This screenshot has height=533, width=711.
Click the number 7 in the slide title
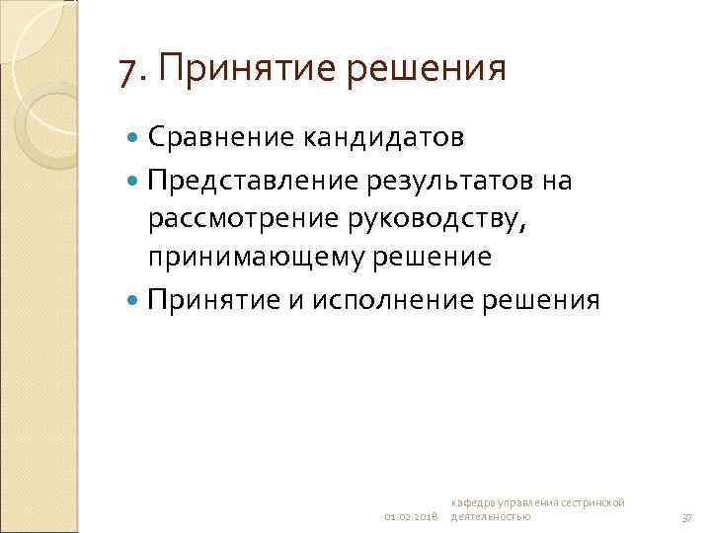[126, 70]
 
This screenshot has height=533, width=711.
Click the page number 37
[687, 517]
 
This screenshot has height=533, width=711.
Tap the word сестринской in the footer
[592, 503]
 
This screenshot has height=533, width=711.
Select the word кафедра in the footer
[473, 503]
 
